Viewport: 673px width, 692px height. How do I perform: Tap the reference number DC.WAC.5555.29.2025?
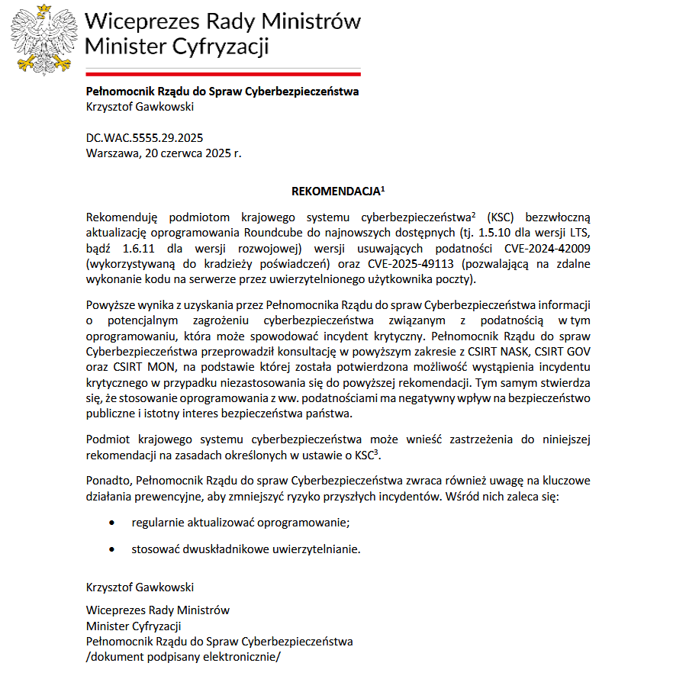(x=144, y=138)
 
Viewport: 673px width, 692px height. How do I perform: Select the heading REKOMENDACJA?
(x=326, y=192)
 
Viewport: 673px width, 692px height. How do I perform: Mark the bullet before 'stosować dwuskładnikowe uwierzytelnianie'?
(x=113, y=549)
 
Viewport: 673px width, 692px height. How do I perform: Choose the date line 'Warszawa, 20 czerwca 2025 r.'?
(x=163, y=153)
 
